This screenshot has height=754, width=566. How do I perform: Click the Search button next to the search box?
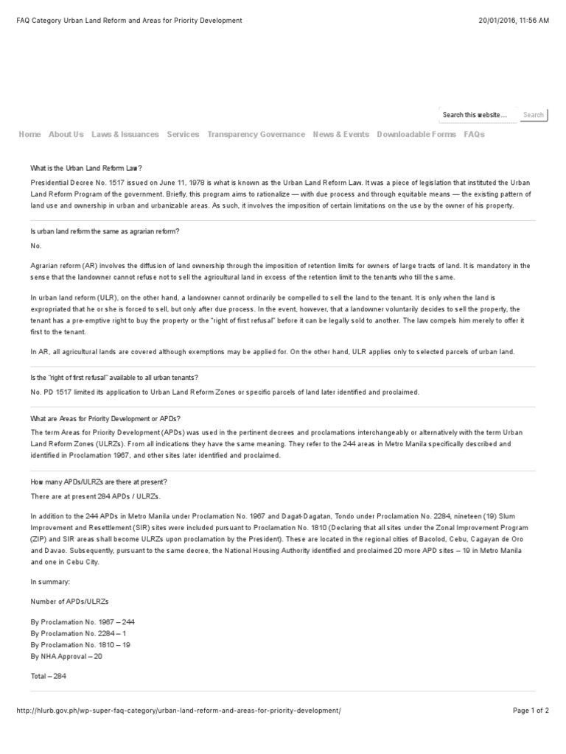(533, 115)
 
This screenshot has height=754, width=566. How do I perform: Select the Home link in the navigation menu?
(29, 135)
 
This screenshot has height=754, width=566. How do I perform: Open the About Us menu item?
(66, 135)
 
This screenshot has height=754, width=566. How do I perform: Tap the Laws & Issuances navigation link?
(125, 135)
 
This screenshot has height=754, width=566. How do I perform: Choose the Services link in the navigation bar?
(183, 135)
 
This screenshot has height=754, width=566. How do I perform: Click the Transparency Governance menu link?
(256, 135)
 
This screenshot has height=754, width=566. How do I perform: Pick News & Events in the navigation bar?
(341, 135)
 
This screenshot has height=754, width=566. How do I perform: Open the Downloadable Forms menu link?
(416, 135)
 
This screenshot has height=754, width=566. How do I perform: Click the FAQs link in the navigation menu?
(474, 135)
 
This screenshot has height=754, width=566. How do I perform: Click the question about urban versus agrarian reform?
(105, 232)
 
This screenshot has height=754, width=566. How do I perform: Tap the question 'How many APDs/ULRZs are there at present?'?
(99, 482)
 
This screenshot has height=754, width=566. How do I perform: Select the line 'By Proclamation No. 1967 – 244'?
(83, 622)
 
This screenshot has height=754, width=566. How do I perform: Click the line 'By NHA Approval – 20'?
(66, 655)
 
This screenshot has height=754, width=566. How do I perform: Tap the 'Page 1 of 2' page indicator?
(531, 711)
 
